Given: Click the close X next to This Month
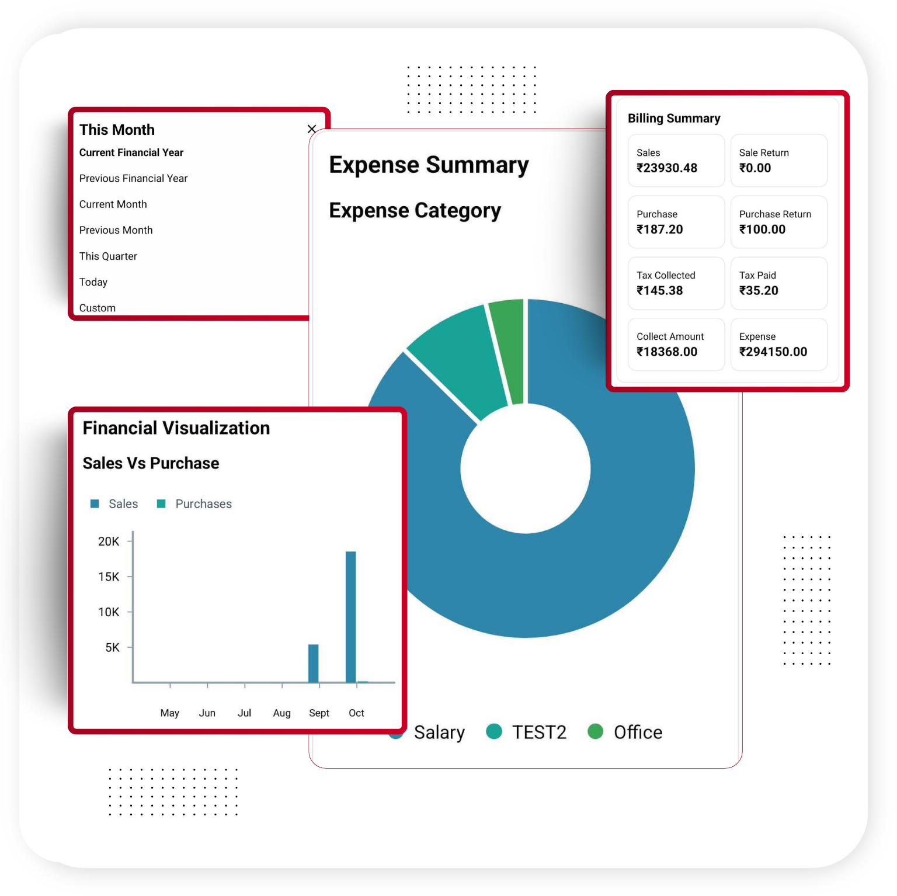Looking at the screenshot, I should [x=312, y=129].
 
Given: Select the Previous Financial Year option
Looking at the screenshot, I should [x=133, y=178].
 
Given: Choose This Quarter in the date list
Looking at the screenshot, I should [x=108, y=256].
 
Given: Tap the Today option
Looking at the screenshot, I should [x=93, y=282].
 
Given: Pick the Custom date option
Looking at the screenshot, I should [x=98, y=307].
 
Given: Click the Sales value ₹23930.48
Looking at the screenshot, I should [x=667, y=168].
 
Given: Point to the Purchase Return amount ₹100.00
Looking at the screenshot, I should [x=762, y=230].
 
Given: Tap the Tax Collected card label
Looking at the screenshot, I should [x=666, y=275].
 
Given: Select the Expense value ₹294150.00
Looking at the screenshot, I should [x=773, y=352].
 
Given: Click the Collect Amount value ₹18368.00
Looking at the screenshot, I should [x=667, y=352].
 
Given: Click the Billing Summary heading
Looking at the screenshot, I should [x=674, y=119].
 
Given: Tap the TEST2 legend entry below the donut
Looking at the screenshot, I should [x=538, y=732].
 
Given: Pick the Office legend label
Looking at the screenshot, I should [x=638, y=732].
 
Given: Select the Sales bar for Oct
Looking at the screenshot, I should [x=350, y=616].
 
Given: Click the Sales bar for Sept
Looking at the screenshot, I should [x=314, y=663].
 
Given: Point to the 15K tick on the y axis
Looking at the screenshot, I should [x=109, y=577].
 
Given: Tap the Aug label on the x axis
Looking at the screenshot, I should [x=281, y=713].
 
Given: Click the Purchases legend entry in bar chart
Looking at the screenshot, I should [x=203, y=503].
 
